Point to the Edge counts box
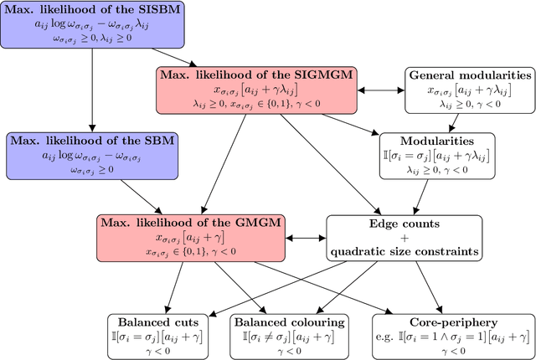(x=405, y=238)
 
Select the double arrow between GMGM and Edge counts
(x=307, y=238)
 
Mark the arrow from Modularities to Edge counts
(x=427, y=197)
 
